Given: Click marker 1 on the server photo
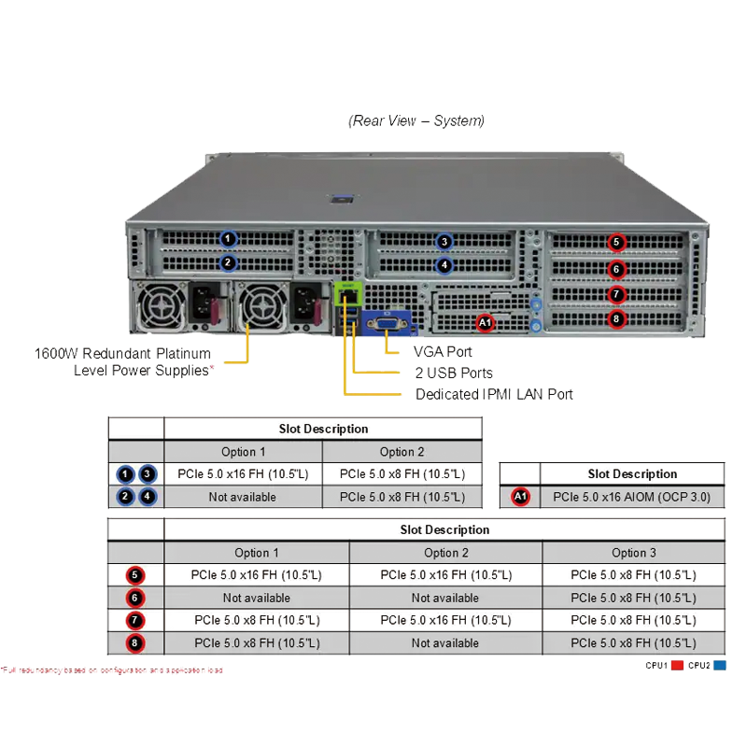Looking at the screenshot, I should click(228, 239).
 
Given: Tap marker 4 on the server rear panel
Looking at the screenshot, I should click(444, 265).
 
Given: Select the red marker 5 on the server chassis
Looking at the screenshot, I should click(615, 243).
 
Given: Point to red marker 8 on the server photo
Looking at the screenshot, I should click(615, 319).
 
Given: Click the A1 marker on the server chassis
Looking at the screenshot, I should click(485, 323).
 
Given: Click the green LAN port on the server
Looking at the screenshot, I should click(348, 293).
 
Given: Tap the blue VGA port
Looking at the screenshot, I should click(385, 324).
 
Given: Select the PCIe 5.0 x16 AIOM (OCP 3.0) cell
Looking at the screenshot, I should click(631, 497).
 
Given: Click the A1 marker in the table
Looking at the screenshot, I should click(521, 497).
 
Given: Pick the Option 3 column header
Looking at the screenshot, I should click(633, 553).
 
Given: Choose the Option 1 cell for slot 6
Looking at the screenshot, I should click(257, 598).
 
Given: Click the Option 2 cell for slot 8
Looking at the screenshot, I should click(445, 642).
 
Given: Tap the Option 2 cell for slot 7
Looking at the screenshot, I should click(445, 620).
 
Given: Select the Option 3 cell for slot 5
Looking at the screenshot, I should click(633, 575).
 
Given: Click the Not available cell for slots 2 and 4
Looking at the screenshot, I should click(243, 497).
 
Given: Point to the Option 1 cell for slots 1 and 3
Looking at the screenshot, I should click(243, 474).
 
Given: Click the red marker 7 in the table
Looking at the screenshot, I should click(136, 620).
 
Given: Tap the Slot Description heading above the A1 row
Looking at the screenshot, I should click(631, 473).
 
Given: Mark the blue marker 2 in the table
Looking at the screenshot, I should click(125, 497).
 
